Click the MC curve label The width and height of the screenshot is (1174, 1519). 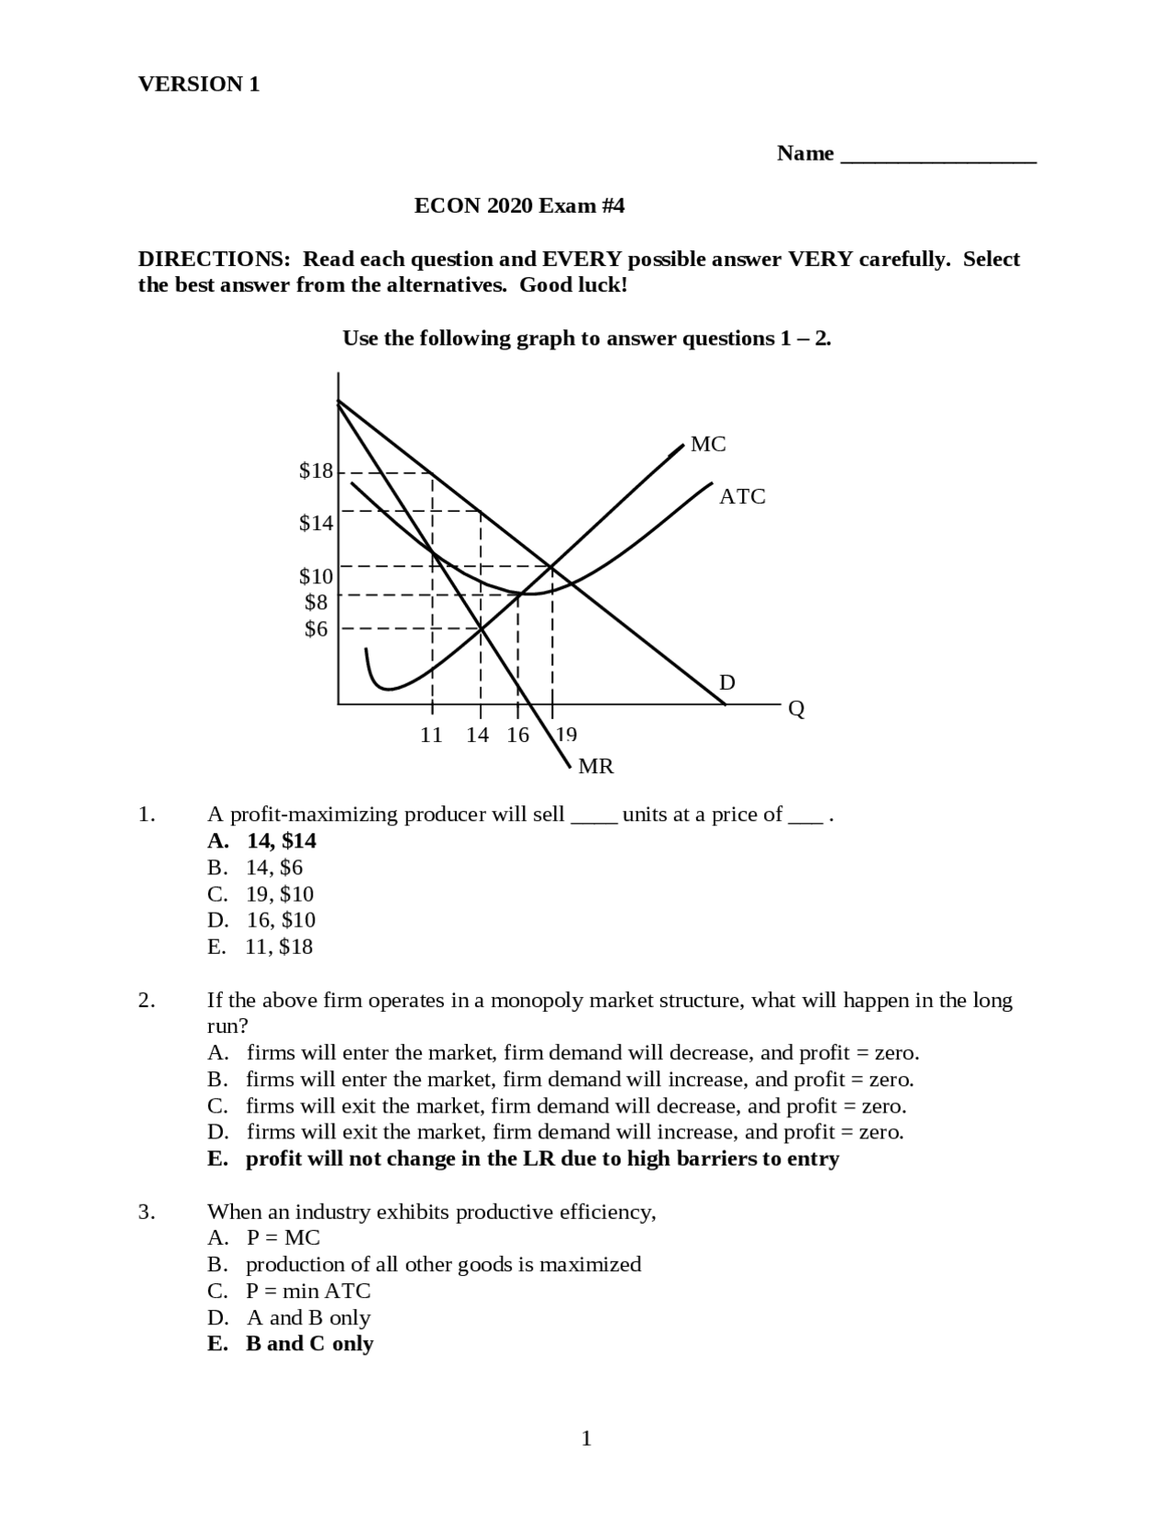[707, 445]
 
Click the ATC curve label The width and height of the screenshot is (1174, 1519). [741, 497]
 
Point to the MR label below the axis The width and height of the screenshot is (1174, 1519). [596, 767]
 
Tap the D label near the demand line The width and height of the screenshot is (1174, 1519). [726, 682]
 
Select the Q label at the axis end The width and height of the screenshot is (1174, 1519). [796, 710]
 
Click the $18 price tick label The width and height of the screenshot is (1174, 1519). [316, 471]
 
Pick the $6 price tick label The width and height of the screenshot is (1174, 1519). [316, 629]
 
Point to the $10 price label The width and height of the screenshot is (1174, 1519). [316, 577]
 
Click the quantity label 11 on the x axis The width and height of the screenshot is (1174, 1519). [431, 735]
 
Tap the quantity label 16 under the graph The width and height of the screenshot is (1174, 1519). [517, 735]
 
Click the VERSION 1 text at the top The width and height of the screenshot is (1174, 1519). [199, 84]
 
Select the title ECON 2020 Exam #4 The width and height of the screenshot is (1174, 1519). [519, 205]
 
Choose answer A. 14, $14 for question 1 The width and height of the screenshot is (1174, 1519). [262, 841]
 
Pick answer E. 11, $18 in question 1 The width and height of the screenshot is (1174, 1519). [260, 947]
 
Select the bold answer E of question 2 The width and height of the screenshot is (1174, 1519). [523, 1159]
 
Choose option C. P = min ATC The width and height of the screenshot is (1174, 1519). [290, 1292]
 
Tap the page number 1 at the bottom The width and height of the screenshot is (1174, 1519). [586, 1438]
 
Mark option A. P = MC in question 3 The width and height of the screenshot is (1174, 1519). [264, 1238]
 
